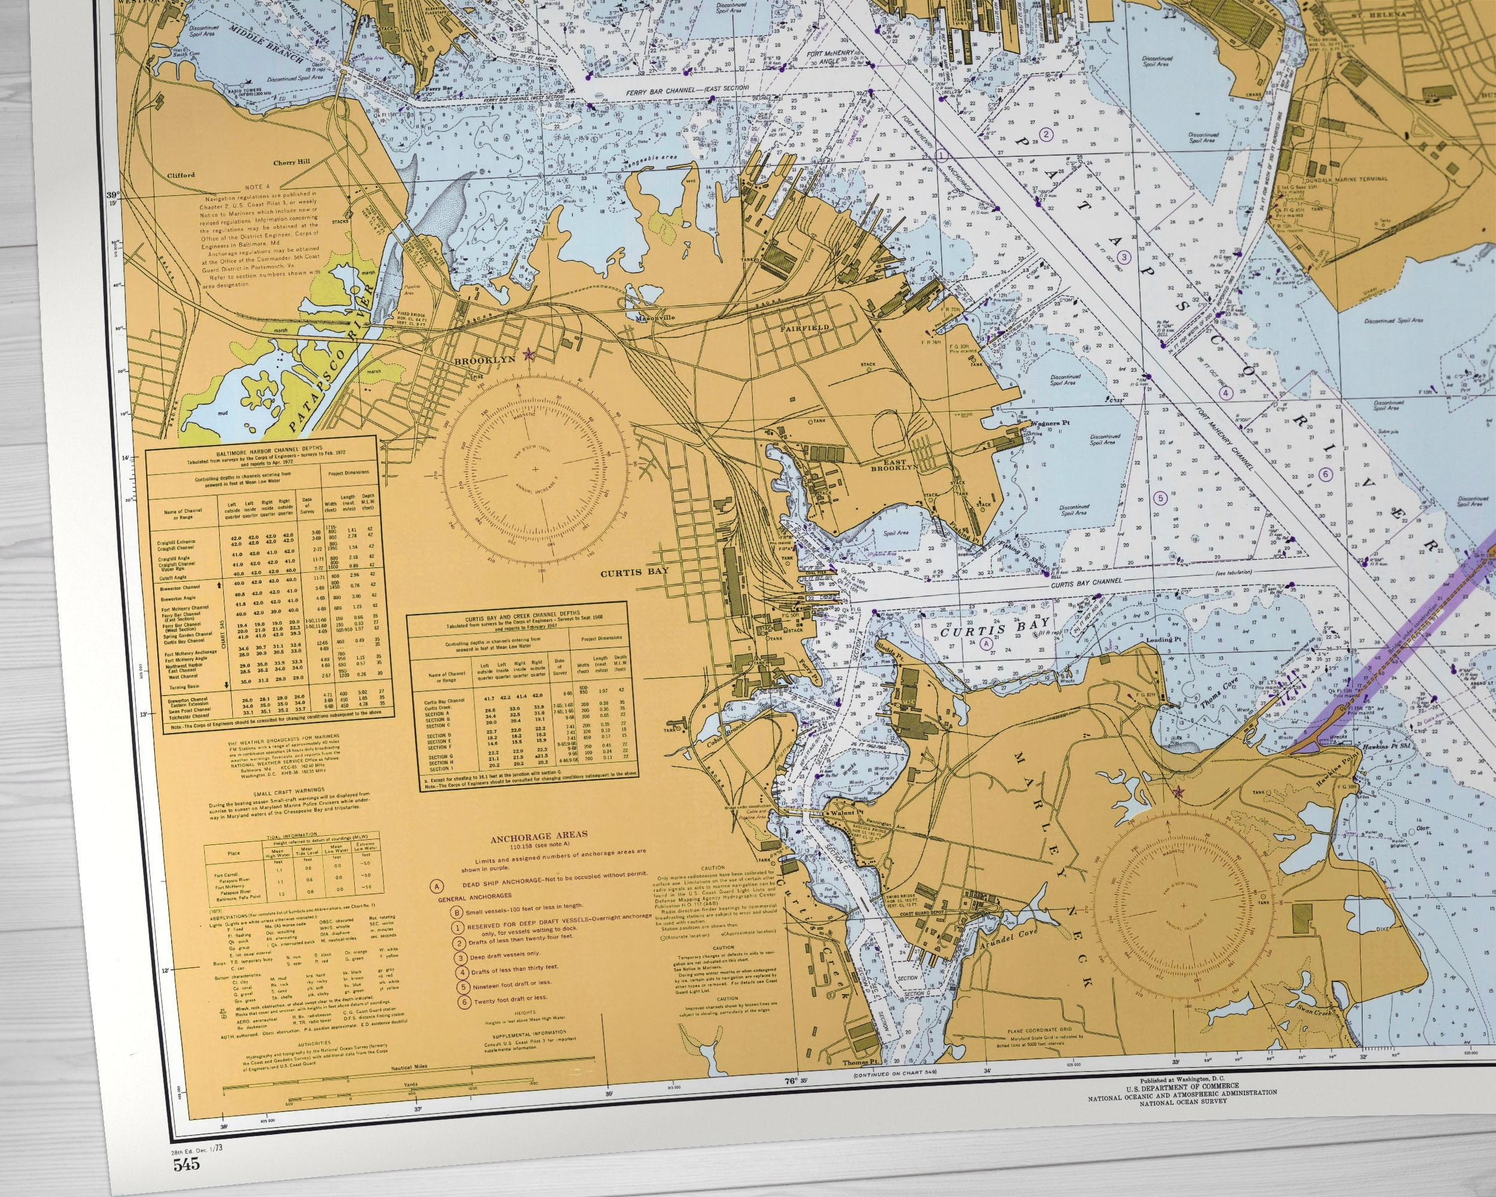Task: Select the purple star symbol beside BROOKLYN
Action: pyautogui.click(x=530, y=354)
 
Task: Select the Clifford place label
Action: pyautogui.click(x=181, y=175)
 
